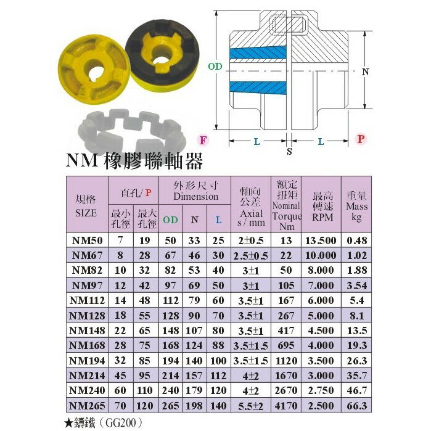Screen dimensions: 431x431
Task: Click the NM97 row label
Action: point(87,285)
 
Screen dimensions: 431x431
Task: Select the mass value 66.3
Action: point(357,406)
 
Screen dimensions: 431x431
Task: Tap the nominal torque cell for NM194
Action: point(286,361)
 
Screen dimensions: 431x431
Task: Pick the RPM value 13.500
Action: point(321,240)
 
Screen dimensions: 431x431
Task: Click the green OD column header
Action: point(170,220)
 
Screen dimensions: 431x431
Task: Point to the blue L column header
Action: point(218,220)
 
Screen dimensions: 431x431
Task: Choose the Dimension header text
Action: point(195,196)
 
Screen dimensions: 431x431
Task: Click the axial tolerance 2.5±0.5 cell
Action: point(251,256)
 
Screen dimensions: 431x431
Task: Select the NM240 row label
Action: point(87,390)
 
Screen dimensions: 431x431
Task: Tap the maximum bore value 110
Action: point(144,390)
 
